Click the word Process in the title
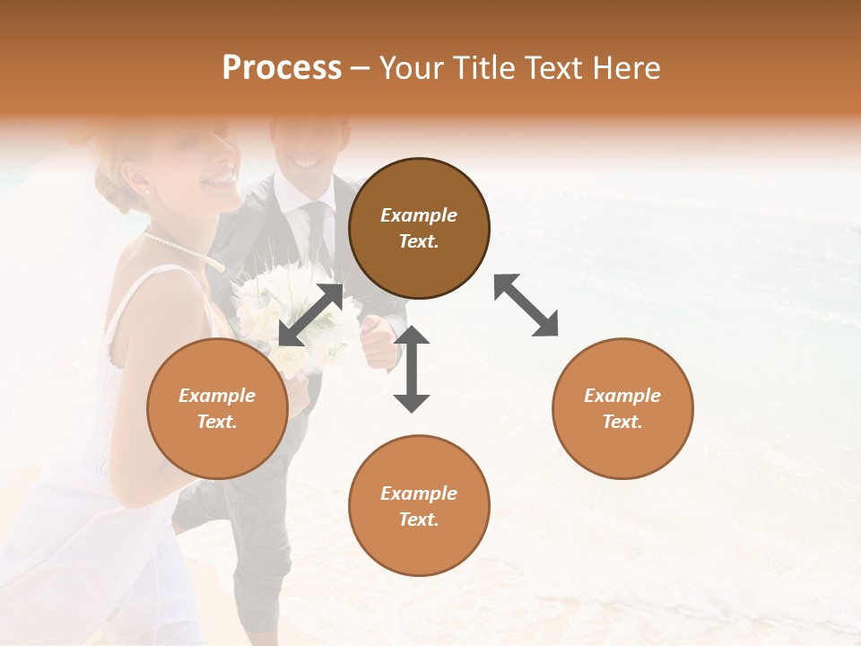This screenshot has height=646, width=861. coord(282,68)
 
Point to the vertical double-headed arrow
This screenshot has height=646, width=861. coord(412,369)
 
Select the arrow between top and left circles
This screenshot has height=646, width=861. coord(310,314)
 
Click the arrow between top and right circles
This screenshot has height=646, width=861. coord(526,305)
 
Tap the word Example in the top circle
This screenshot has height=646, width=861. coord(419,215)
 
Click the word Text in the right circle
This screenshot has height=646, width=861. coord(622,422)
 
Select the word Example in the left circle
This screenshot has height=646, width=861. coord(217,396)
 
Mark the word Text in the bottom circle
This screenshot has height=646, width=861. coord(419,519)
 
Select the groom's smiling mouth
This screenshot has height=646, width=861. coord(307,163)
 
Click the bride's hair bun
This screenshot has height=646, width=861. coord(112,184)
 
